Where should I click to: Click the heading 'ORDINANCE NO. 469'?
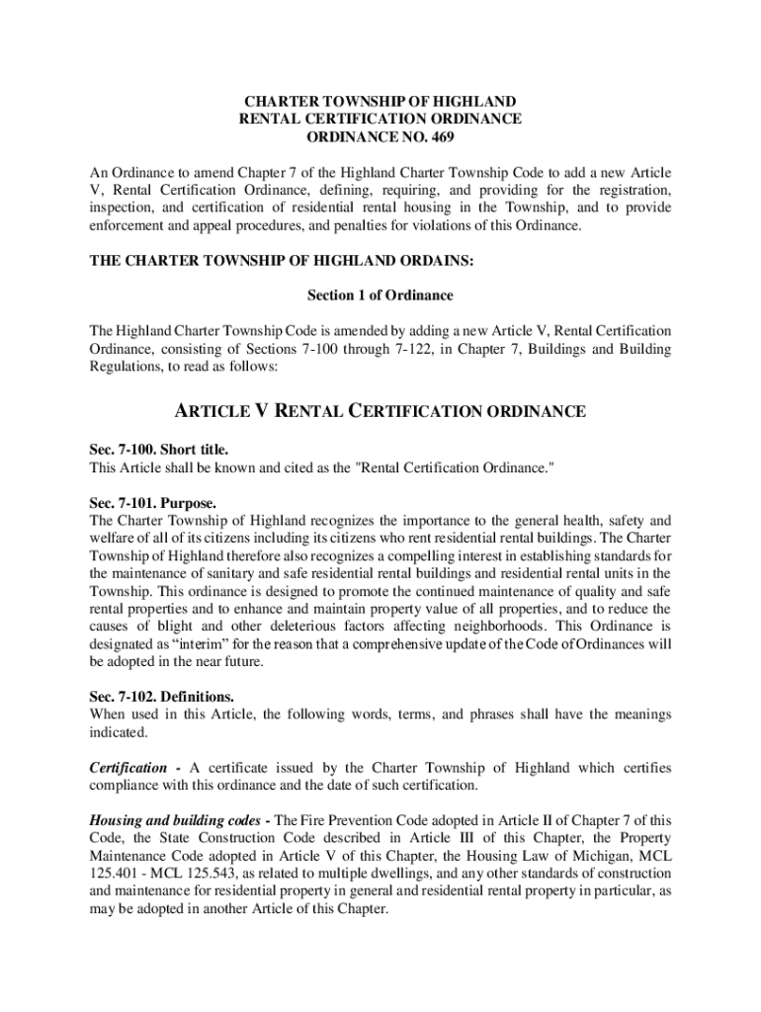(380, 137)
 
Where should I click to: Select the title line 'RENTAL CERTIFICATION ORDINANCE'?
(380, 120)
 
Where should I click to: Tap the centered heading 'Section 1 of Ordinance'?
(380, 295)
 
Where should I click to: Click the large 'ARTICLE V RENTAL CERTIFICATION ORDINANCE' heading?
(380, 411)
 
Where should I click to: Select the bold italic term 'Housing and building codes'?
(175, 821)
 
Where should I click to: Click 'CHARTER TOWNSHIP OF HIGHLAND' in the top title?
(380, 102)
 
